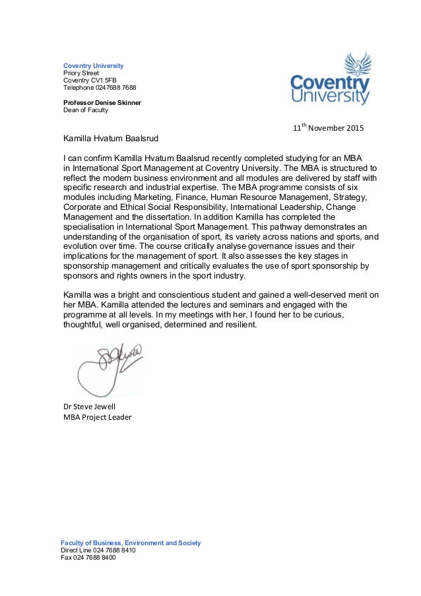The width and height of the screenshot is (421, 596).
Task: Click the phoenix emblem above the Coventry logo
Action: pos(358,65)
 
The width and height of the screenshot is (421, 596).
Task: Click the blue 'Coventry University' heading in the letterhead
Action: pos(93,66)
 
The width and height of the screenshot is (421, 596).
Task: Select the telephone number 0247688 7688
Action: pos(100,88)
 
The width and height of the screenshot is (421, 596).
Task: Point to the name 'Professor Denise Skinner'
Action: pos(102,103)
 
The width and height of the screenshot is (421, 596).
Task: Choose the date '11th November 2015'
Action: pos(327,127)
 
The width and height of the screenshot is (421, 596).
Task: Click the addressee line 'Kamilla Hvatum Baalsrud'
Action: pos(111,139)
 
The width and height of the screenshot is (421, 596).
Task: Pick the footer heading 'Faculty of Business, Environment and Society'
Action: pos(131,543)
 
